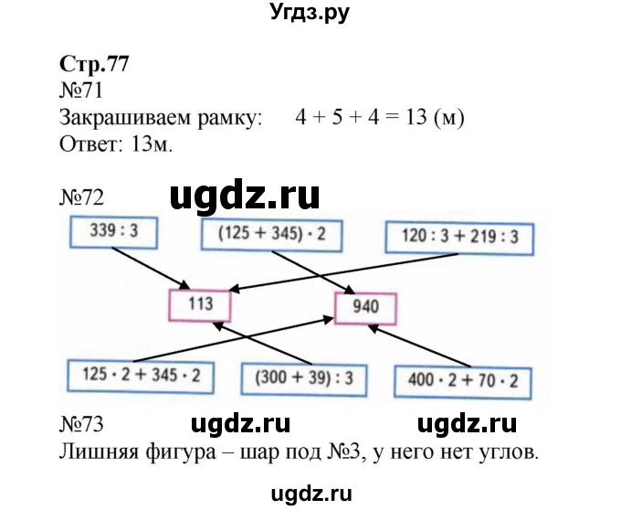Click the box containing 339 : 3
pyautogui.click(x=112, y=232)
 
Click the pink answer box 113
pyautogui.click(x=199, y=304)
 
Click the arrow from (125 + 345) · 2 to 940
pyautogui.click(x=315, y=273)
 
